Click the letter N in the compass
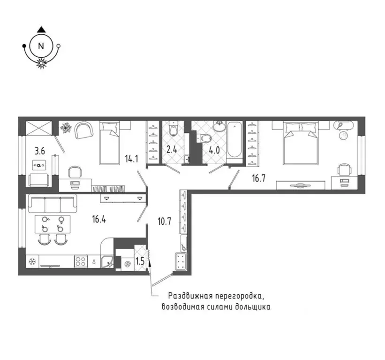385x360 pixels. (x=41, y=46)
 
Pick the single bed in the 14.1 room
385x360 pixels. (x=110, y=142)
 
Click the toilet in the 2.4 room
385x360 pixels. (x=174, y=130)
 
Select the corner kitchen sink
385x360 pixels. (x=108, y=261)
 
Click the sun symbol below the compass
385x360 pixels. (x=41, y=64)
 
